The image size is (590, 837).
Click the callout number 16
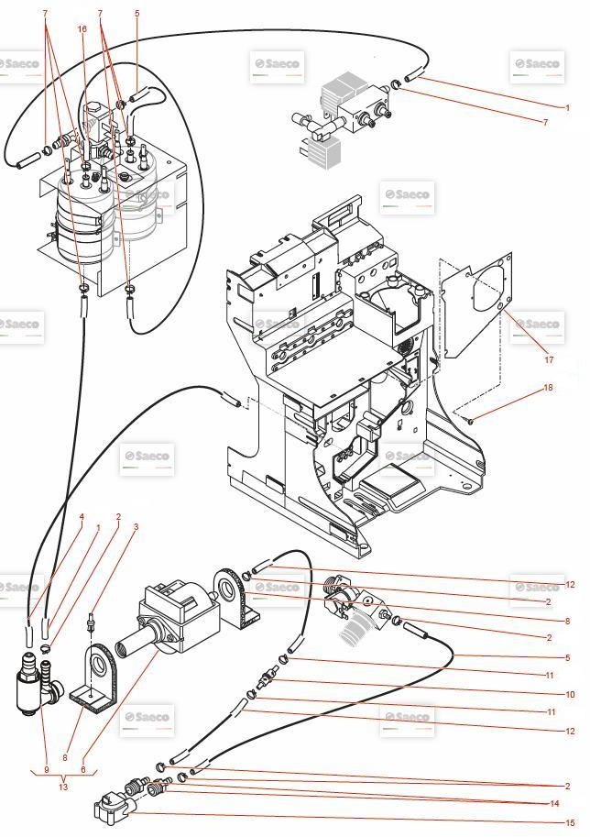point(82,28)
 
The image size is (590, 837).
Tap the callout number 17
point(550,360)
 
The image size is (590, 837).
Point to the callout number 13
point(62,786)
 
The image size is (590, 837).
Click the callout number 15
point(569,822)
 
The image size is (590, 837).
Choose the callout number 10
point(569,695)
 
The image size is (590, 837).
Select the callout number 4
point(82,517)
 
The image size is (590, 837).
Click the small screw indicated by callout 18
point(469,421)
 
